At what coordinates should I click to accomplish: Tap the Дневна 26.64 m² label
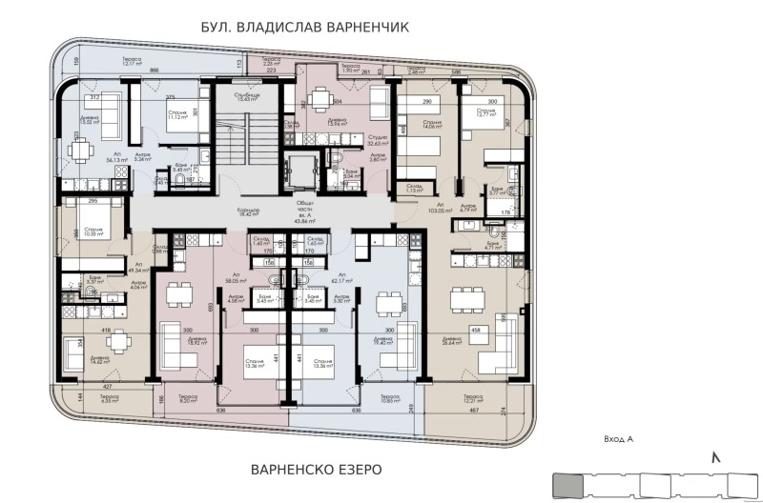point(446,341)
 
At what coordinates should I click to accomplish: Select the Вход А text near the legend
point(618,439)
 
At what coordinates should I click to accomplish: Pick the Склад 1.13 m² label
point(412,188)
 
